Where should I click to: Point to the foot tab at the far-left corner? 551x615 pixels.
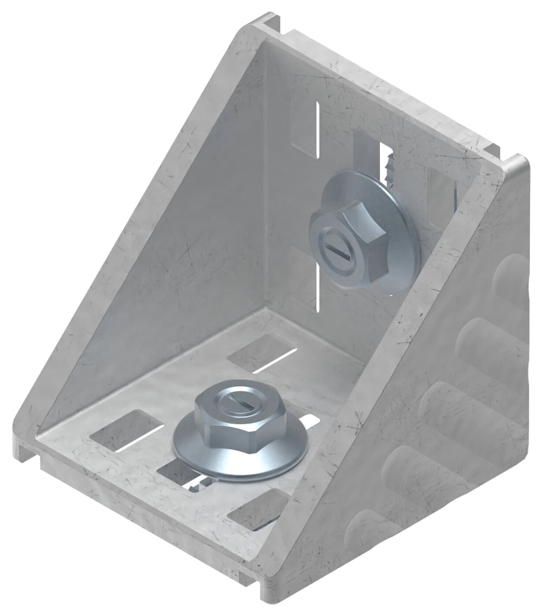(x=24, y=446)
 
